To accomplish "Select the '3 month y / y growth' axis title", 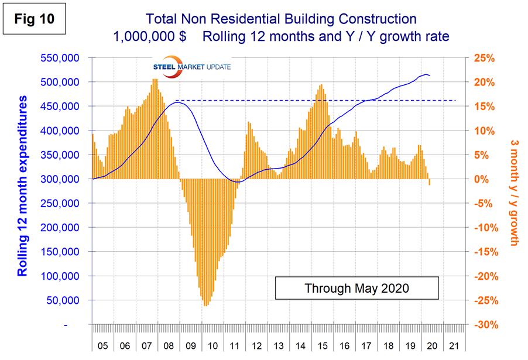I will coord(513,191).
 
